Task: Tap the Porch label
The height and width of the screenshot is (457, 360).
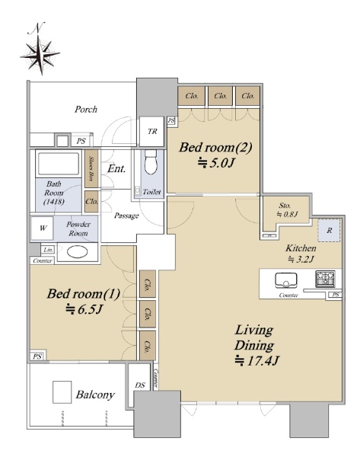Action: [x=86, y=109]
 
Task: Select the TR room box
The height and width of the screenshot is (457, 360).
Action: [x=151, y=132]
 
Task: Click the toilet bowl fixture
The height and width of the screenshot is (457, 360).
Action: [x=151, y=162]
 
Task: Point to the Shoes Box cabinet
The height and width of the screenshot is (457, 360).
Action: [x=91, y=168]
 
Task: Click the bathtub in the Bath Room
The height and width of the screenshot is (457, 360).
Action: [x=59, y=164]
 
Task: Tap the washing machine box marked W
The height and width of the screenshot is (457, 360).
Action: [x=43, y=228]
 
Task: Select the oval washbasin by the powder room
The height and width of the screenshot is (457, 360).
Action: [x=77, y=252]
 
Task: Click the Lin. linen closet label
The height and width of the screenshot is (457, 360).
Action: [x=48, y=250]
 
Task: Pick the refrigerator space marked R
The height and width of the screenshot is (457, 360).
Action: [x=329, y=230]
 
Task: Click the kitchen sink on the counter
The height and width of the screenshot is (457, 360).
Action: [x=286, y=280]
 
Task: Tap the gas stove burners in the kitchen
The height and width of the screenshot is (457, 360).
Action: [x=325, y=279]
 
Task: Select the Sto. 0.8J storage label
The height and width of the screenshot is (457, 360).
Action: [x=287, y=210]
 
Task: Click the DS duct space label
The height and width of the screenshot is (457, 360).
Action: [x=140, y=385]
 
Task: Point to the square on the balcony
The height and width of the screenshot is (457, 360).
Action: [x=62, y=392]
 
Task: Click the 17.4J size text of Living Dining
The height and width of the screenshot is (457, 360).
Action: [x=257, y=361]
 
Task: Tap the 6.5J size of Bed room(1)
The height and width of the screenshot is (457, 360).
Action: [x=84, y=309]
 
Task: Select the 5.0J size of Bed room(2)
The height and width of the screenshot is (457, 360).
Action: [x=216, y=163]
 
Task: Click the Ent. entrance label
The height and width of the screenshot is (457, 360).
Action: [x=116, y=168]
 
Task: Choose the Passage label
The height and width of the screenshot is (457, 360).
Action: [x=126, y=216]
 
